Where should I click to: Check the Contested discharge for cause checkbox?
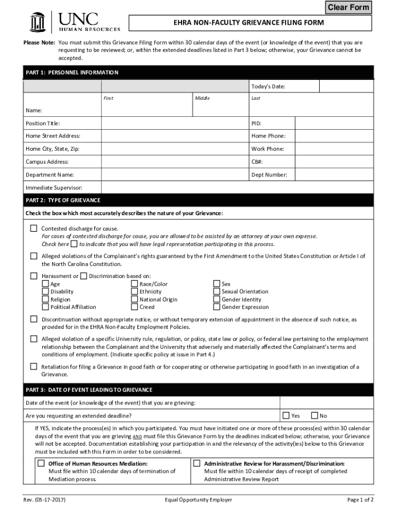click(x=34, y=228)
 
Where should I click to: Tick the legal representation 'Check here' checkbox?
click(x=74, y=243)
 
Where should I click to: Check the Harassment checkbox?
click(x=34, y=276)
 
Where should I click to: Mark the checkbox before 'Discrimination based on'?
click(x=84, y=276)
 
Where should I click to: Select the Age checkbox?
click(x=45, y=284)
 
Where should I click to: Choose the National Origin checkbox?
click(x=135, y=299)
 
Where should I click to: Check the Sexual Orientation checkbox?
click(x=217, y=291)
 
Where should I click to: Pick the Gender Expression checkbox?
click(x=217, y=307)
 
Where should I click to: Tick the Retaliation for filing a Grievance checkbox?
click(x=34, y=366)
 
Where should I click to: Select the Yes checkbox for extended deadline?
click(x=286, y=415)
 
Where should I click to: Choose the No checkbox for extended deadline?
click(x=314, y=415)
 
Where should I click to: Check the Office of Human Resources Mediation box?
click(x=41, y=463)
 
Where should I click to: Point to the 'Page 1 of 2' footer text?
click(x=360, y=500)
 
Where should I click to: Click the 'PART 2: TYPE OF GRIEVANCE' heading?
click(x=63, y=200)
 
